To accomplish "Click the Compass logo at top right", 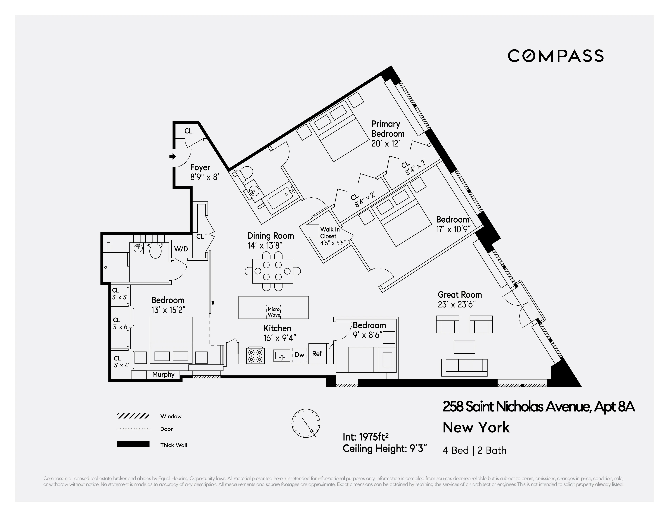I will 555,56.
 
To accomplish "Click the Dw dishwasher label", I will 299,355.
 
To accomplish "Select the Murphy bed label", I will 163,375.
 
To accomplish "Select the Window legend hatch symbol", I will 133,416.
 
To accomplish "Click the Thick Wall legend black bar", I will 133,444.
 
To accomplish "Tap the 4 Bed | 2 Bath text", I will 474,450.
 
